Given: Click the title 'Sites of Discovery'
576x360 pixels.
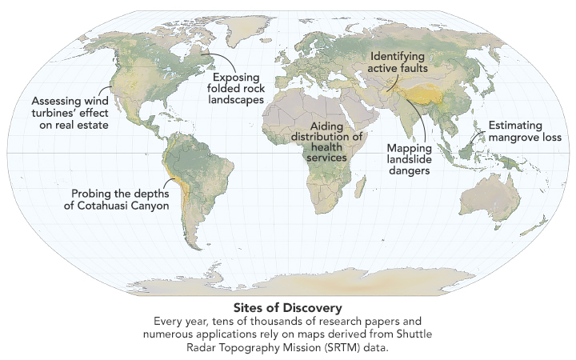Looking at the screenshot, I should click(287, 307).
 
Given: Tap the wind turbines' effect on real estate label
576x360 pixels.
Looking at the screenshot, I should click(70, 113).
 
